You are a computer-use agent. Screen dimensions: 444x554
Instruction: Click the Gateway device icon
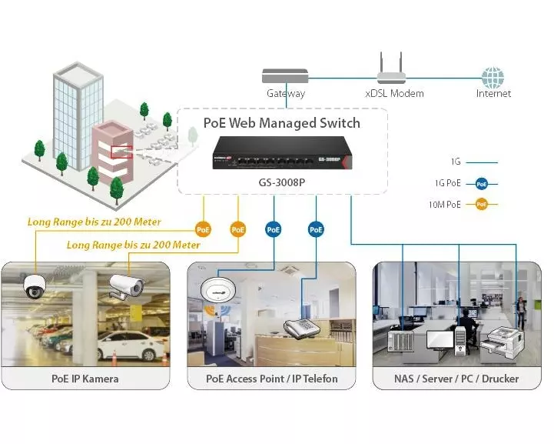[x=285, y=75]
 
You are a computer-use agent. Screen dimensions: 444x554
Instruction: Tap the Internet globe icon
[x=493, y=77]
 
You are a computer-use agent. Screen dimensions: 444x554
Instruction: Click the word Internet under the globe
[x=493, y=94]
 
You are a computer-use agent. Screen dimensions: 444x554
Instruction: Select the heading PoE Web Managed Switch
[x=281, y=123]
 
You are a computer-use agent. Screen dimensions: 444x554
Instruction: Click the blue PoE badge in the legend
[x=482, y=184]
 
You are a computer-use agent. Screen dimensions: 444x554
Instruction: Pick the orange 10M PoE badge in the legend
[x=482, y=205]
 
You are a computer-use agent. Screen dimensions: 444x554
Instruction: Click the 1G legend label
[x=456, y=162]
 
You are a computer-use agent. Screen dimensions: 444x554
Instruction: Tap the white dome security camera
[x=35, y=286]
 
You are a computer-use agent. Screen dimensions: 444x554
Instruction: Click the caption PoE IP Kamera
[x=85, y=379]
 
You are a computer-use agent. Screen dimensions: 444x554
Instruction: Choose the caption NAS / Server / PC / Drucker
[x=456, y=379]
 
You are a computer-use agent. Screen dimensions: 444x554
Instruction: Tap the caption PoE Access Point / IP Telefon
[x=271, y=379]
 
